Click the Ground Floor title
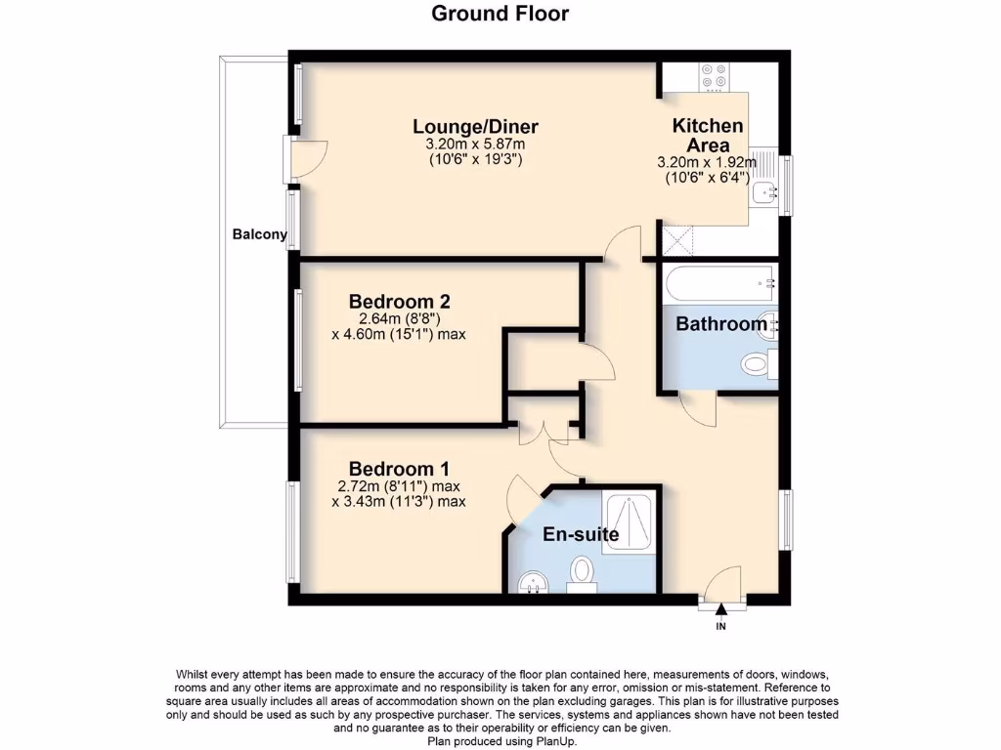click(500, 14)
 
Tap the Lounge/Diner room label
click(475, 127)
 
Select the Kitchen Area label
click(707, 136)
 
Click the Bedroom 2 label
click(399, 301)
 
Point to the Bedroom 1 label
click(399, 467)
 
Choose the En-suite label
click(581, 534)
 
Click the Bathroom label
click(721, 324)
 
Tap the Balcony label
click(259, 234)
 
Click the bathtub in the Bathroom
click(719, 285)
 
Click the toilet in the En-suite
click(583, 571)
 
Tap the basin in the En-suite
click(533, 582)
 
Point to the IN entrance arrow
click(721, 611)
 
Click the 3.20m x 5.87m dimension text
click(475, 145)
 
